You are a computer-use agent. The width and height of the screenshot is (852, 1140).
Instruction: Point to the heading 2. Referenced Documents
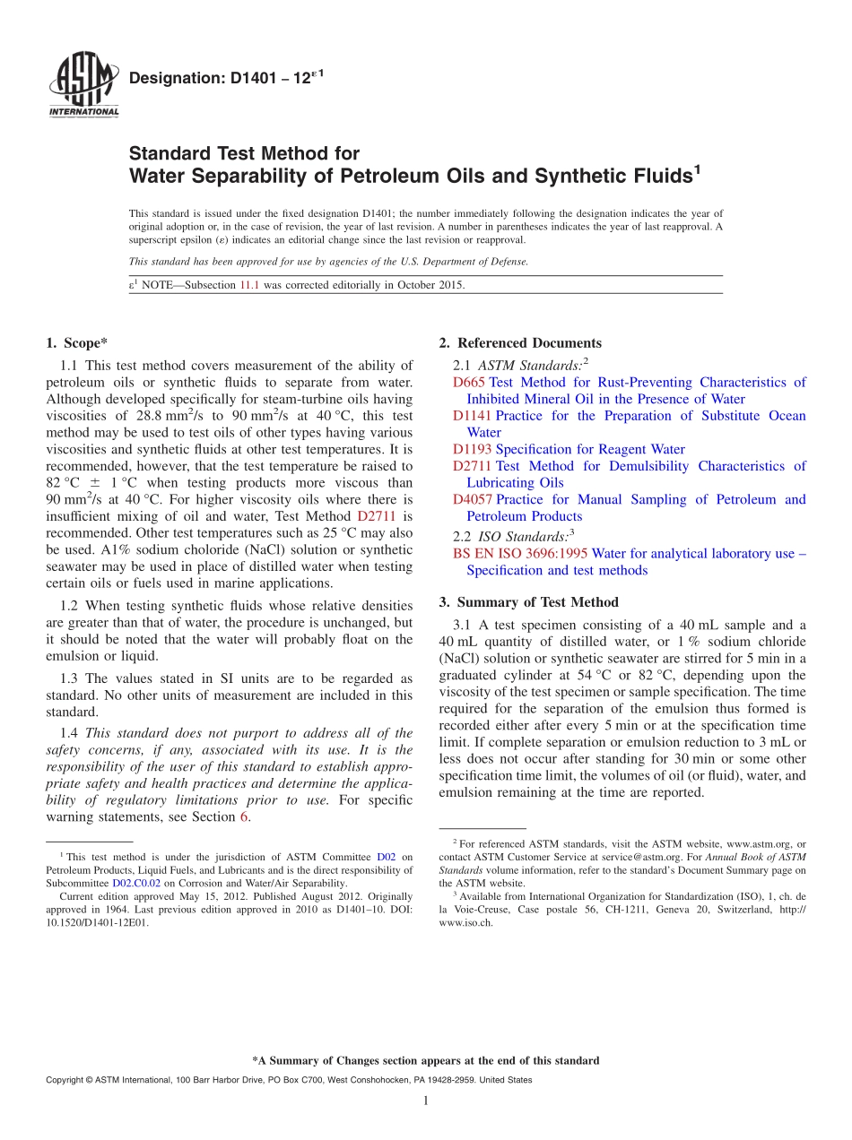pos(520,343)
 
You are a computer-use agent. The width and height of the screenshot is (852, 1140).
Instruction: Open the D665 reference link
pos(469,383)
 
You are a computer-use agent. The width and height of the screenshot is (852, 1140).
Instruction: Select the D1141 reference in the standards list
pos(473,416)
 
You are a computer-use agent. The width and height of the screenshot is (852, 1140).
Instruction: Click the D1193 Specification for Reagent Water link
pos(569,450)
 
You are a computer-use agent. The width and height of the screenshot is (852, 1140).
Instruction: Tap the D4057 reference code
pos(473,500)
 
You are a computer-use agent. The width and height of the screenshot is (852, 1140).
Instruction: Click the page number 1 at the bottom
pos(426,1101)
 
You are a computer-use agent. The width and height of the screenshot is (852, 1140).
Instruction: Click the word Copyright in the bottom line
pos(66,1080)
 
